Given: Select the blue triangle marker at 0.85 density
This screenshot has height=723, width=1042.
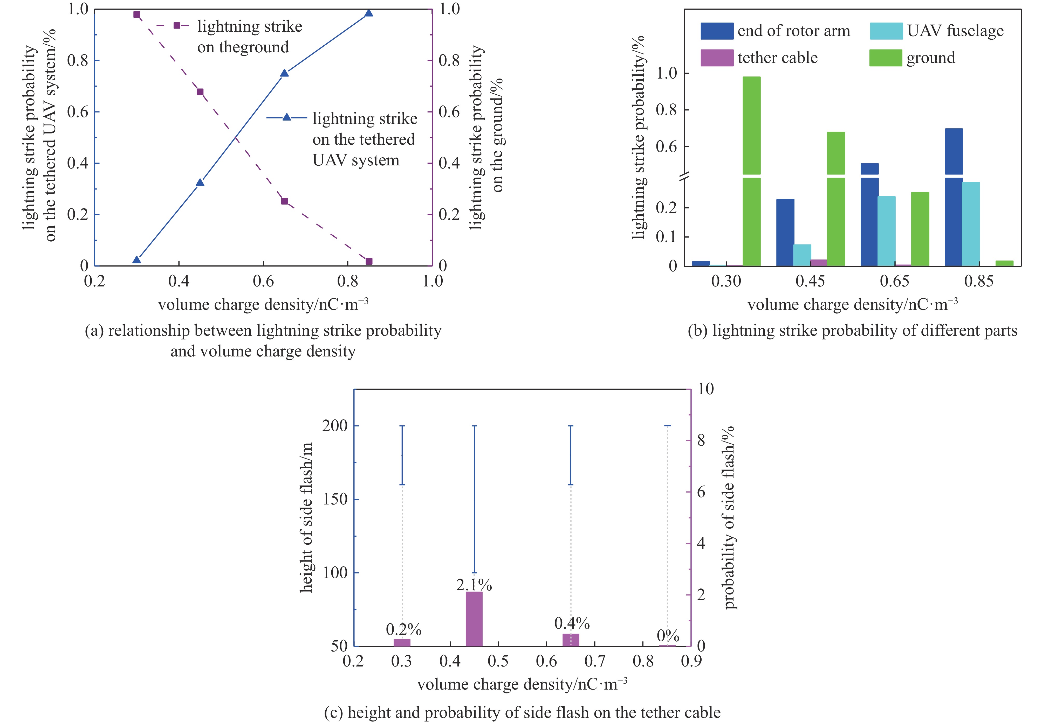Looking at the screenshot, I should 369,13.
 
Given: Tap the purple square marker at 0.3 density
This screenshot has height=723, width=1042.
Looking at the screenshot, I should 136,15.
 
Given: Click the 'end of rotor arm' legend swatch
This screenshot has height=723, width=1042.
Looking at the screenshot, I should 716,31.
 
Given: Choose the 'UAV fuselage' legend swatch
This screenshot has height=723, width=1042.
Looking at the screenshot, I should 886,31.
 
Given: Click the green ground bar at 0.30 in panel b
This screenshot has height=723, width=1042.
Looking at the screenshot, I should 751,172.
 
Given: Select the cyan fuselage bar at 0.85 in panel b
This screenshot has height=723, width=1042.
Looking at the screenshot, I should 971,224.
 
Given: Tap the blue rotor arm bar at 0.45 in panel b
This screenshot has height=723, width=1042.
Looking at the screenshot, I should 785,232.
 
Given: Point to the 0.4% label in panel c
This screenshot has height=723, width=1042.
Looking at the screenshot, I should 572,624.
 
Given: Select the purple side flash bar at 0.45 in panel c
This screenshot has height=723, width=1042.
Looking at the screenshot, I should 474,619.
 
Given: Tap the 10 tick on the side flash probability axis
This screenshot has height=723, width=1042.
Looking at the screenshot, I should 705,389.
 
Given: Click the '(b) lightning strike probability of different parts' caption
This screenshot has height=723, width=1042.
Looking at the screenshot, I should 853,331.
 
